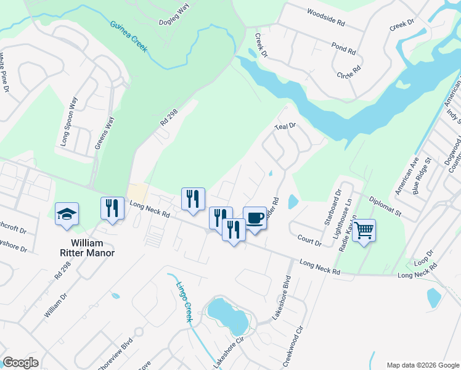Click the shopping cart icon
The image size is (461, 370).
(x=364, y=231)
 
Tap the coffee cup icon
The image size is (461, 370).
(x=255, y=218)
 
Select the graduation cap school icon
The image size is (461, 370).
(x=67, y=214)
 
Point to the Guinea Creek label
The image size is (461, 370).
(x=129, y=36)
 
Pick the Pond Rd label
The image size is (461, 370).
(x=344, y=50)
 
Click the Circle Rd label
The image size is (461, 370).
(x=348, y=72)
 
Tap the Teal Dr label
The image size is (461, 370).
(x=285, y=126)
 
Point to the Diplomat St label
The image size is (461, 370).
(x=385, y=207)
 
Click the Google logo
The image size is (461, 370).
(x=20, y=363)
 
